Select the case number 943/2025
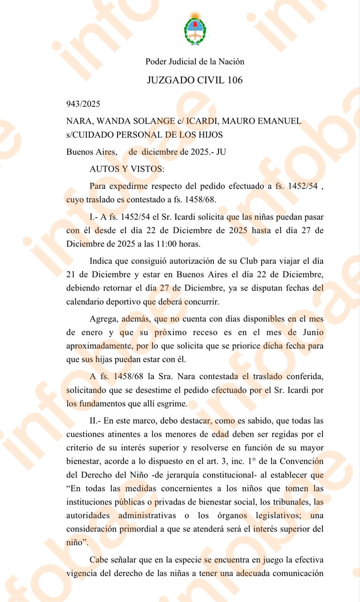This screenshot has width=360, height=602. point(83,104)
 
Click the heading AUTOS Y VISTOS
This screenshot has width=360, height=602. point(127,168)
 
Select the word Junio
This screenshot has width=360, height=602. point(311,332)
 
